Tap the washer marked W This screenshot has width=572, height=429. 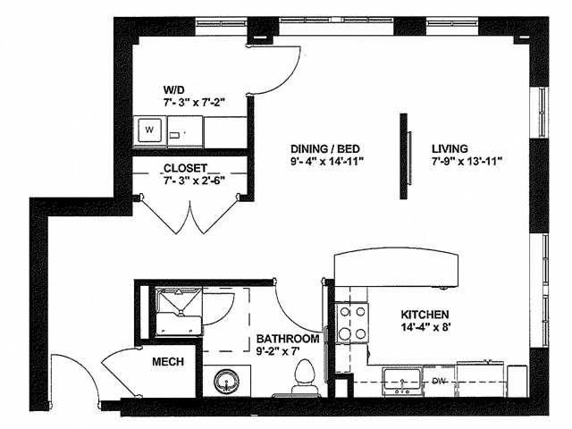point(149,132)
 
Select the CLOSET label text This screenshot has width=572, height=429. point(185,168)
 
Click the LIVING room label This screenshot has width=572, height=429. point(452,148)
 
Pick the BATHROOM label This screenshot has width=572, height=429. point(288,340)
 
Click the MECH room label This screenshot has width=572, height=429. point(167,361)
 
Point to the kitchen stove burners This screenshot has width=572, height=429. point(351,323)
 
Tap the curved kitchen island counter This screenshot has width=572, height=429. point(399,269)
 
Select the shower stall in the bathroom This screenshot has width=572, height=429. point(174,310)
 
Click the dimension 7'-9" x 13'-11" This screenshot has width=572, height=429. point(466,162)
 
